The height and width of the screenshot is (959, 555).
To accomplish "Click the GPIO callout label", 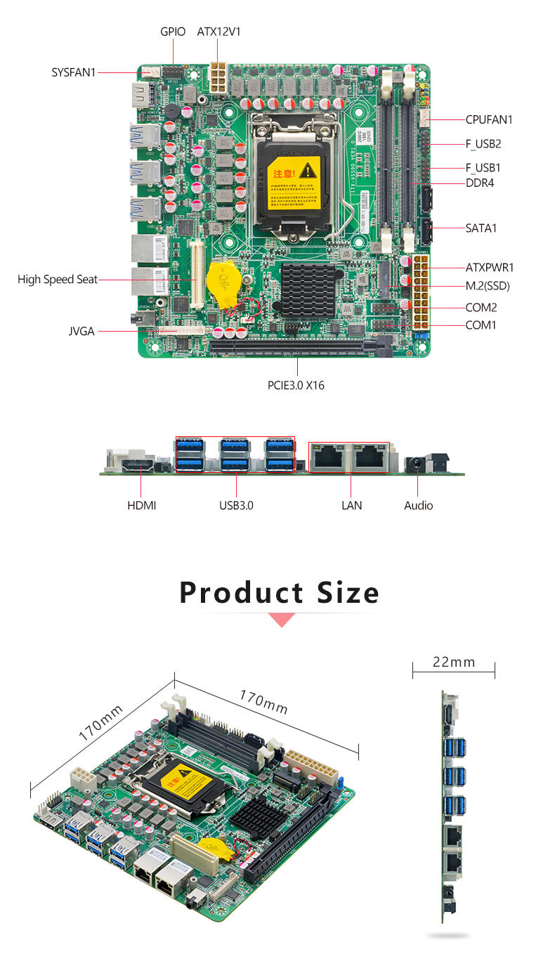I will point(172,32).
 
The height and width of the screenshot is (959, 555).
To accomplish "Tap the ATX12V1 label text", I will point(218,32).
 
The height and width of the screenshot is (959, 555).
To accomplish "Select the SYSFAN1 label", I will point(73,72).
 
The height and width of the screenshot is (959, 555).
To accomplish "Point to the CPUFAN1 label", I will point(489,119).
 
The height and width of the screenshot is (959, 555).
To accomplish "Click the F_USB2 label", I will point(483,144).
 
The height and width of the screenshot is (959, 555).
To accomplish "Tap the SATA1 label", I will point(481,228).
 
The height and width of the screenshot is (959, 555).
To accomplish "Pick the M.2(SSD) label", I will point(488,285).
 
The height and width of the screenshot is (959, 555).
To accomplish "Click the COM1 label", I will point(481,325).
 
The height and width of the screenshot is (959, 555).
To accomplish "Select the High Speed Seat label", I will point(58,280).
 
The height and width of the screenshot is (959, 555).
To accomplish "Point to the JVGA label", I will point(81,331).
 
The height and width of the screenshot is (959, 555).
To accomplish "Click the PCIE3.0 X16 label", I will point(296,384).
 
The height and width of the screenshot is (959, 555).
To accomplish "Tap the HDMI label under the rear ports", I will point(142,505).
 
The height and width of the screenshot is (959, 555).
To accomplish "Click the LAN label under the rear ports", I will point(351,505).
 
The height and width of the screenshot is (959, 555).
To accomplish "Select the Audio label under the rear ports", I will point(419,505).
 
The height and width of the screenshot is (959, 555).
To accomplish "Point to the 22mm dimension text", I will point(454,662).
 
